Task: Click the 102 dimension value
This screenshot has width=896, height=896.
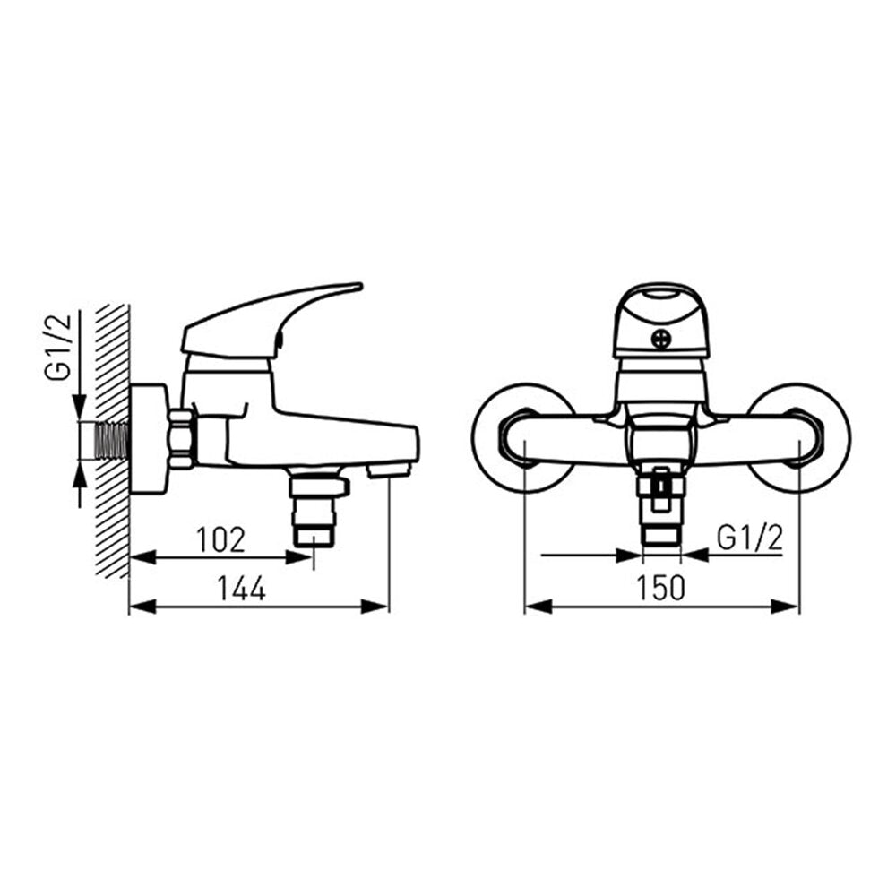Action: coord(220,539)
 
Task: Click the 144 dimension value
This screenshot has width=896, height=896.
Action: coord(242,588)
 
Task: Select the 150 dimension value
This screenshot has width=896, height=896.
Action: coord(660,588)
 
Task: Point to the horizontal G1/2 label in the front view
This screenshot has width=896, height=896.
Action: coord(749,538)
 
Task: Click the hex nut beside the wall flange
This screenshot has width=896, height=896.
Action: coord(182,440)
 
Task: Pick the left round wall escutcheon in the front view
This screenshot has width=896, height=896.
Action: coord(524,438)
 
